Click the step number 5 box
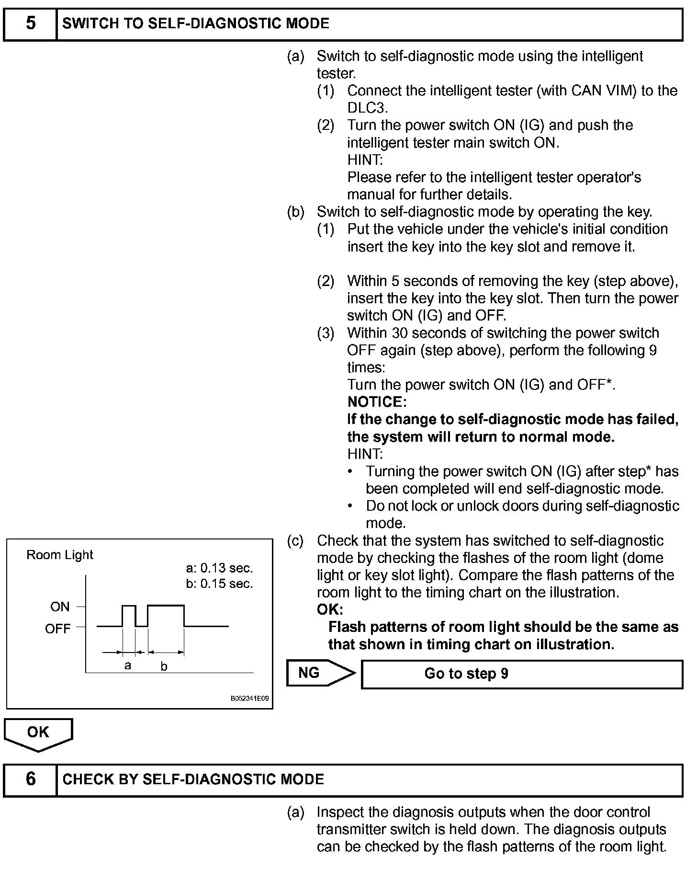pos(30,24)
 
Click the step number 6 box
pos(30,779)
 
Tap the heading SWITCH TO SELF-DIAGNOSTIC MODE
pos(196,24)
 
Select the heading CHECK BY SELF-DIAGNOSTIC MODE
pos(193,779)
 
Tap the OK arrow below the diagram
pos(38,733)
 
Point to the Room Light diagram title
pos(60,555)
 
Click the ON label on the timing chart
pos(60,607)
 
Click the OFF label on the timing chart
pos(57,629)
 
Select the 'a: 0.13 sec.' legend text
pos(219,568)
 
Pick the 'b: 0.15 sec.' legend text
pos(219,584)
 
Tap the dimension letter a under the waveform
pos(128,665)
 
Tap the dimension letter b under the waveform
pos(164,666)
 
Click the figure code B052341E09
pos(249,698)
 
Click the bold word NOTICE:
pos(377,402)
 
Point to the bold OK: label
pos(330,610)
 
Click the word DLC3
pos(367,108)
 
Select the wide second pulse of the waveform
pos(166,607)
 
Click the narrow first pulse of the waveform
pos(129,607)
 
